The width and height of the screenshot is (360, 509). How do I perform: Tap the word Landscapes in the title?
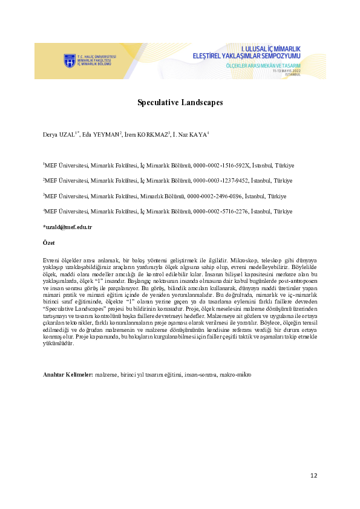point(202,102)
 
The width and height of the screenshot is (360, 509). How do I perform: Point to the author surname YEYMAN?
point(106,134)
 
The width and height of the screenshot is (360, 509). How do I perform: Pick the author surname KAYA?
point(198,134)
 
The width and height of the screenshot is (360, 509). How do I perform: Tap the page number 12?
point(313,476)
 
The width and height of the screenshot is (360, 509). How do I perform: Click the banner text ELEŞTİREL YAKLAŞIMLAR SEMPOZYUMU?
point(246,56)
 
